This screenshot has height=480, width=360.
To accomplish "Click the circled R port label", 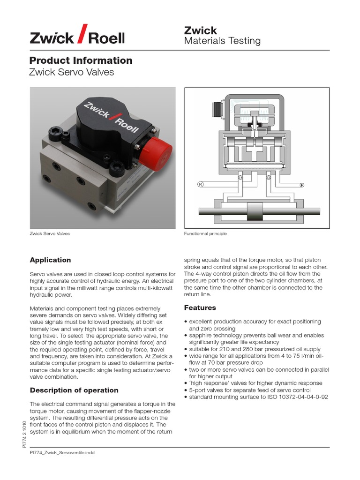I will pyautogui.click(x=200, y=184).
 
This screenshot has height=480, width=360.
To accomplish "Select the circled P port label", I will pyautogui.click(x=302, y=185).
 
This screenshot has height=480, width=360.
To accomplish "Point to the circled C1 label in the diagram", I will pyautogui.click(x=240, y=178).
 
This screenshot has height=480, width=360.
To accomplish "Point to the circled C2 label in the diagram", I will pyautogui.click(x=269, y=178).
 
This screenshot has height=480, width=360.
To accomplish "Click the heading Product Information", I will pyautogui.click(x=81, y=60).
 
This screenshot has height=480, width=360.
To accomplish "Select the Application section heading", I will pyautogui.click(x=50, y=260).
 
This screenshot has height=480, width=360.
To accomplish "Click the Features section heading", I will pyautogui.click(x=200, y=308).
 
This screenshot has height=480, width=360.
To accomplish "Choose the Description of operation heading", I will pyautogui.click(x=74, y=390).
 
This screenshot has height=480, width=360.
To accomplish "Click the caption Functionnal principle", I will pyautogui.click(x=205, y=234).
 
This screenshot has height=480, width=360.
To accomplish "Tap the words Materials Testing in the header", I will pyautogui.click(x=222, y=41).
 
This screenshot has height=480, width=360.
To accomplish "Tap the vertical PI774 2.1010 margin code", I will pyautogui.click(x=24, y=435).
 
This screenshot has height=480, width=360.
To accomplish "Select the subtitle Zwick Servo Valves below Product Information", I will pyautogui.click(x=71, y=73).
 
